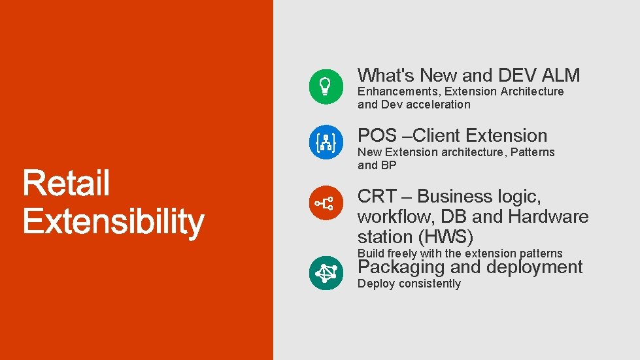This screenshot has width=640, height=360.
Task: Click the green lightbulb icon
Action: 326,86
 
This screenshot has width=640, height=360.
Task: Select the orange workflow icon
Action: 326,203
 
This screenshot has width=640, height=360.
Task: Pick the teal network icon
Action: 326,272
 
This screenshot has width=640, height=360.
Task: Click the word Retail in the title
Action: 66,184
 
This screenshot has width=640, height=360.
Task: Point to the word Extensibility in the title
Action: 113,222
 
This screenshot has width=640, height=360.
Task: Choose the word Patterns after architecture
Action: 533,152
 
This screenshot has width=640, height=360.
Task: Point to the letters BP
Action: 389,165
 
